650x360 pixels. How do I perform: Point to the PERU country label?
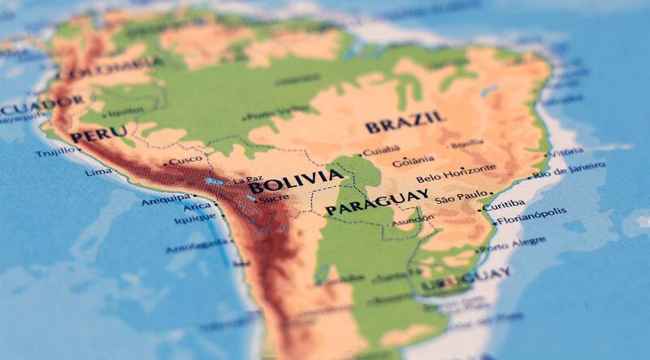pyautogui.click(x=98, y=134)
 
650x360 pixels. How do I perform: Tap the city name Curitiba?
pyautogui.click(x=504, y=206)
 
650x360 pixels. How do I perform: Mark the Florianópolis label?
pyautogui.click(x=532, y=219)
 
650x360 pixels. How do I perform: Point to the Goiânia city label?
pyautogui.click(x=414, y=161)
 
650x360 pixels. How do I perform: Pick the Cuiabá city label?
pyautogui.click(x=381, y=151)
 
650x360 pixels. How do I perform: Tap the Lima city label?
pyautogui.click(x=99, y=172)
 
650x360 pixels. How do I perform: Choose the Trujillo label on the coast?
pyautogui.click(x=56, y=151)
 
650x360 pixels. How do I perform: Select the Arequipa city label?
pyautogui.click(x=166, y=199)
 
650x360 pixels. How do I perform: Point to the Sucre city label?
pyautogui.click(x=275, y=197)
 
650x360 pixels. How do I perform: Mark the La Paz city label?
pyautogui.click(x=248, y=180)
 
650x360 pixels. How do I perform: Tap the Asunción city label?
pyautogui.click(x=413, y=220)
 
